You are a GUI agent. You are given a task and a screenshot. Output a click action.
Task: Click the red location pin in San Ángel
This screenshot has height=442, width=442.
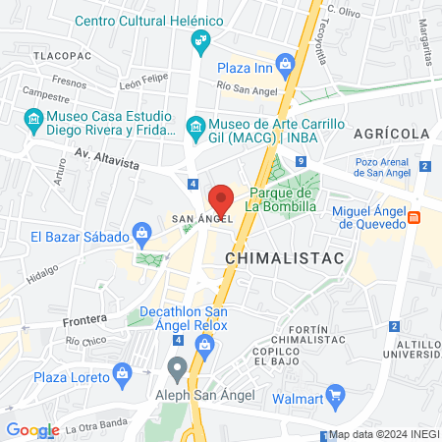[x=221, y=199]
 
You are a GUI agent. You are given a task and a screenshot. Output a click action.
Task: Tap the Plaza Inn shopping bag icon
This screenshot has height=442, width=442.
[x=285, y=67]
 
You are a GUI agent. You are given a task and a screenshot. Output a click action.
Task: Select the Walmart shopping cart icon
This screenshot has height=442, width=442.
[x=334, y=397]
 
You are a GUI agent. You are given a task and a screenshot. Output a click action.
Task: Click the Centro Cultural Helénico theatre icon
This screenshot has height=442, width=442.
[x=200, y=39]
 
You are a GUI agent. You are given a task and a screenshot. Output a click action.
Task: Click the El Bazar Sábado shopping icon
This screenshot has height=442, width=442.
[x=142, y=235]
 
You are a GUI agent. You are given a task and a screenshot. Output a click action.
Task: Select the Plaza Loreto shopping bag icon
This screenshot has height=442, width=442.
[x=122, y=372]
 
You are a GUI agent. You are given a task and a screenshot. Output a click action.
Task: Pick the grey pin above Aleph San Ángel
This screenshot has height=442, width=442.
[x=178, y=368]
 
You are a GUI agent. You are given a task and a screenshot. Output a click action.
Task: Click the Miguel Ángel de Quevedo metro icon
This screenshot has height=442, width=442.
[x=414, y=217]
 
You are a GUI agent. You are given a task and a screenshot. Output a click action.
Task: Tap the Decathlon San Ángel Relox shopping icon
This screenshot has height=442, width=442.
[x=204, y=344]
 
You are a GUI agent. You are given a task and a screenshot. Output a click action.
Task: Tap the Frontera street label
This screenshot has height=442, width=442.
[x=83, y=321]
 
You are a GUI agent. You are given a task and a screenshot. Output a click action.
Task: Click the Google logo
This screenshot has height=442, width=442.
[x=32, y=430]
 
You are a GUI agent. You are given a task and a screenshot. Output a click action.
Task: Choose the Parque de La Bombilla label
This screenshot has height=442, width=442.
[x=280, y=199]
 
